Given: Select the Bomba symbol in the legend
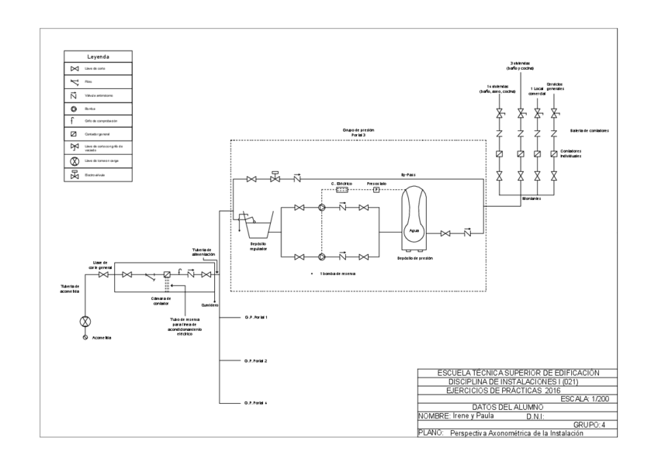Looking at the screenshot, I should tap(75, 109).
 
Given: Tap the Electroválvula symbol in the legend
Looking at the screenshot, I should tap(75, 175).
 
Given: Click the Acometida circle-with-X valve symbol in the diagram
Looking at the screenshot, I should tap(86, 321).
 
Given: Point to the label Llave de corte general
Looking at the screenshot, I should tap(99, 264).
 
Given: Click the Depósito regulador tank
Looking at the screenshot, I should tap(256, 225).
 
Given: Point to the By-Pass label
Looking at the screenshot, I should tap(406, 176).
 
